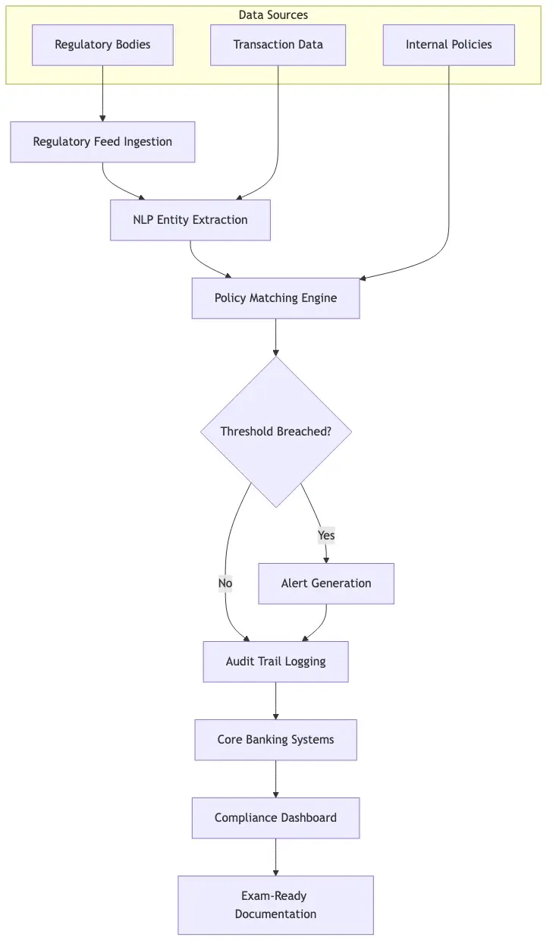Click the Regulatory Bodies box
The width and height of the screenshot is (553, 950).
click(x=102, y=45)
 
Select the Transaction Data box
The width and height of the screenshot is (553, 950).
click(x=278, y=45)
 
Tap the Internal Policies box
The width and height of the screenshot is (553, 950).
click(x=448, y=45)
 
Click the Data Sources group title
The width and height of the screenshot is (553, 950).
click(x=273, y=15)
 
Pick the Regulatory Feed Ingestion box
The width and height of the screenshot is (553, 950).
click(x=102, y=142)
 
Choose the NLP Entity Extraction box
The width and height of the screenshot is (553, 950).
click(x=190, y=220)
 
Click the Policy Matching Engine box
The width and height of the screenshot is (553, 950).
click(x=275, y=298)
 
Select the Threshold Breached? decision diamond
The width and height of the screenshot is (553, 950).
click(x=275, y=432)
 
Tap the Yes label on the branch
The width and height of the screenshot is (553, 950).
click(x=326, y=536)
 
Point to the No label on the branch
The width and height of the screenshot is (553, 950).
click(x=225, y=583)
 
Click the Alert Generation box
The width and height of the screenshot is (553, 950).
click(x=326, y=584)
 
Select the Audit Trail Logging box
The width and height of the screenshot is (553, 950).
click(x=275, y=662)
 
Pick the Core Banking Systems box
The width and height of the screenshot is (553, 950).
click(x=275, y=740)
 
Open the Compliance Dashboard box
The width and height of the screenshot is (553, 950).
click(x=275, y=818)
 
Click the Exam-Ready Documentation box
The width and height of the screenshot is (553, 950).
click(x=275, y=905)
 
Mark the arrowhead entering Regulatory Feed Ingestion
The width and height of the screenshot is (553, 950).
click(x=102, y=118)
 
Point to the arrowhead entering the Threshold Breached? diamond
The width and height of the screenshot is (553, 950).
click(x=275, y=352)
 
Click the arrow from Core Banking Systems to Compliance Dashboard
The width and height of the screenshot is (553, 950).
click(x=275, y=779)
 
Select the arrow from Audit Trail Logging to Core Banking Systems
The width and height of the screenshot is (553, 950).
click(x=275, y=700)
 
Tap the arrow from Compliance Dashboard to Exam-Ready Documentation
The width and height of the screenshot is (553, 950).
click(x=275, y=857)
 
